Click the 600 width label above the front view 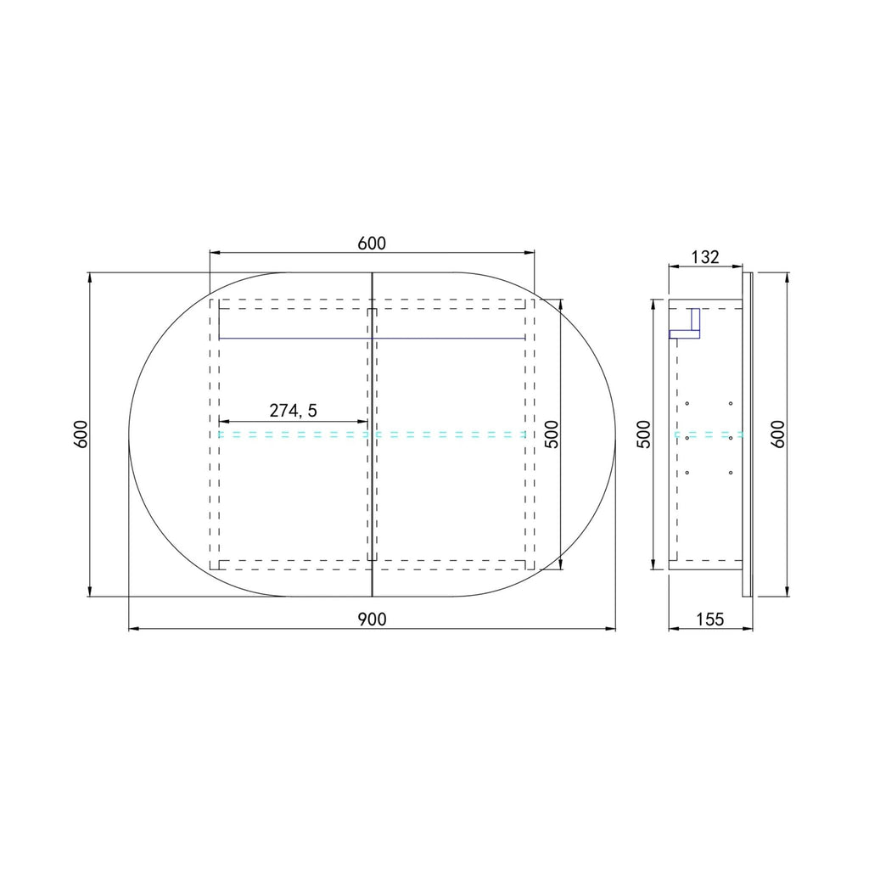pyautogui.click(x=372, y=244)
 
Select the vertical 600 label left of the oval pyautogui.click(x=81, y=434)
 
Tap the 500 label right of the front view pyautogui.click(x=552, y=434)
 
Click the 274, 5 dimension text pyautogui.click(x=293, y=411)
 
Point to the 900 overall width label pyautogui.click(x=372, y=619)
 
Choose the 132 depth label pyautogui.click(x=705, y=257)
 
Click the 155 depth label pyautogui.click(x=710, y=619)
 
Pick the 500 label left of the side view pyautogui.click(x=643, y=434)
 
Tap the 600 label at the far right pyautogui.click(x=778, y=434)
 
